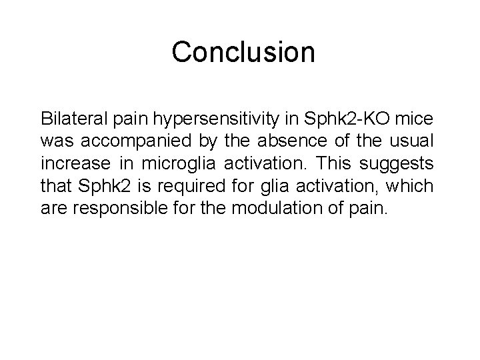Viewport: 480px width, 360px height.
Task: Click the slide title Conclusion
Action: [243, 53]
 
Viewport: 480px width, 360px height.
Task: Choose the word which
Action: [415, 186]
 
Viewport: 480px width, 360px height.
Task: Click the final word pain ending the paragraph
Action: [369, 208]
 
